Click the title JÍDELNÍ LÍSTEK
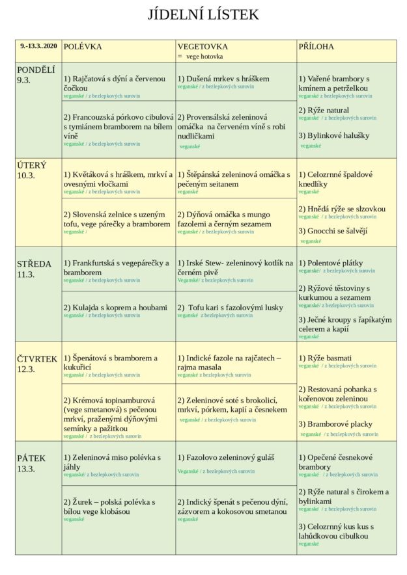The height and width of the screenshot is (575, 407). click(x=203, y=15)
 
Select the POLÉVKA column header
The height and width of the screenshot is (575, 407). click(x=83, y=47)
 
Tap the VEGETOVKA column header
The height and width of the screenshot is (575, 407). click(x=203, y=47)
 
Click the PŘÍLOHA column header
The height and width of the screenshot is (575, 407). click(x=316, y=47)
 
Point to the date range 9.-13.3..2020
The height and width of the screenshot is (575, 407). click(x=39, y=46)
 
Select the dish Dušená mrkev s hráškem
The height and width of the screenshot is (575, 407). click(x=223, y=79)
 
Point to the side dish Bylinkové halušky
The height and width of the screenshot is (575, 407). click(x=333, y=135)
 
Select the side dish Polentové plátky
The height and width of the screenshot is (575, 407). click(x=331, y=263)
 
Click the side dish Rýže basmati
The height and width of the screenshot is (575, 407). click(x=325, y=358)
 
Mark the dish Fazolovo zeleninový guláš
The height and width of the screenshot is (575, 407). click(x=226, y=458)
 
